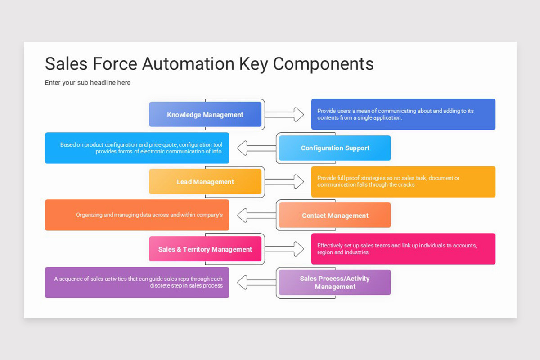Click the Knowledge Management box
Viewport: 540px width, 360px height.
coord(205,114)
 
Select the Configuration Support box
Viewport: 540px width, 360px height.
coord(335,148)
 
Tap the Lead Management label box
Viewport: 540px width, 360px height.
coord(205,181)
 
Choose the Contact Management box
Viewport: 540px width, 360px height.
coord(335,215)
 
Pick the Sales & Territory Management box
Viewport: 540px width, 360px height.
coord(205,249)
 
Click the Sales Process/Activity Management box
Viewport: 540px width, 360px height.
coord(335,282)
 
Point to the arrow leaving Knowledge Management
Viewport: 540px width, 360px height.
coord(284,115)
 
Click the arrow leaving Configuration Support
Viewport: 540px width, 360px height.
coord(256,148)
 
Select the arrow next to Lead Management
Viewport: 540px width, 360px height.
coord(284,181)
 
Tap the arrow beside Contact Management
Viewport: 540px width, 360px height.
coord(256,215)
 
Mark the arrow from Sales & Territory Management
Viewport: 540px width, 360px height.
coord(284,249)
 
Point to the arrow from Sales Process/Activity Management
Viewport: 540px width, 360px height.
coord(256,282)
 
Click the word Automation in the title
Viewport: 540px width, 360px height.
coord(188,64)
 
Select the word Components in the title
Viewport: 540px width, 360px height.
coord(323,64)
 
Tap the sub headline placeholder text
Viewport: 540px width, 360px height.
coord(88,83)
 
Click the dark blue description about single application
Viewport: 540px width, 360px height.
coord(403,114)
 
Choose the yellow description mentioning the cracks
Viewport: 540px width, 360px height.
coord(403,181)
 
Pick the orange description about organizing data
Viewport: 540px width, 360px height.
coord(137,215)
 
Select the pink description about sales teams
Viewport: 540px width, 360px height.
coord(403,249)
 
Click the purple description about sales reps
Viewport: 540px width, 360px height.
coord(137,282)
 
